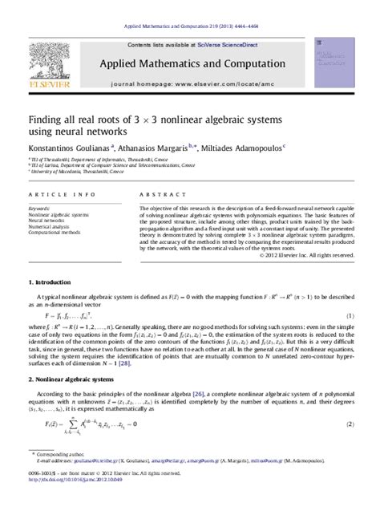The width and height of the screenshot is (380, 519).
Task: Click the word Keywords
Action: click(39, 209)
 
